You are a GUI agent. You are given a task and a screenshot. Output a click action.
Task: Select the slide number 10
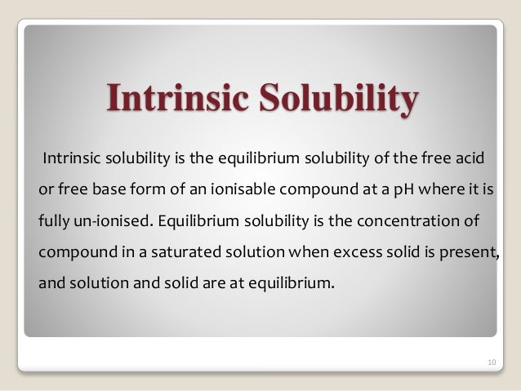[x=490, y=359]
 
